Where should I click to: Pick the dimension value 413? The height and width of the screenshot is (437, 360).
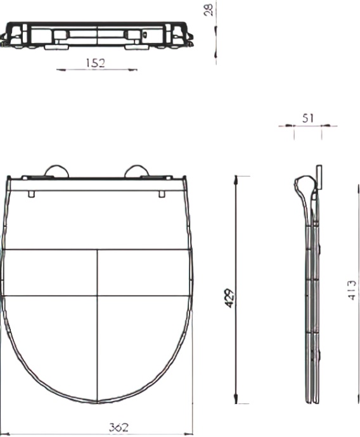click(352, 289)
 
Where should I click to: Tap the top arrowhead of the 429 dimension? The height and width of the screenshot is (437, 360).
click(236, 180)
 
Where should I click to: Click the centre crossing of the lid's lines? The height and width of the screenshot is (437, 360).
click(97, 295)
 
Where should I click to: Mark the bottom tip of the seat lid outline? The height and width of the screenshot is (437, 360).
click(97, 402)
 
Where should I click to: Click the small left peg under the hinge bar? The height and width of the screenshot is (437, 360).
click(32, 193)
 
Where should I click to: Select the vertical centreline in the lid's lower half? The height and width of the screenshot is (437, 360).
click(97, 348)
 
